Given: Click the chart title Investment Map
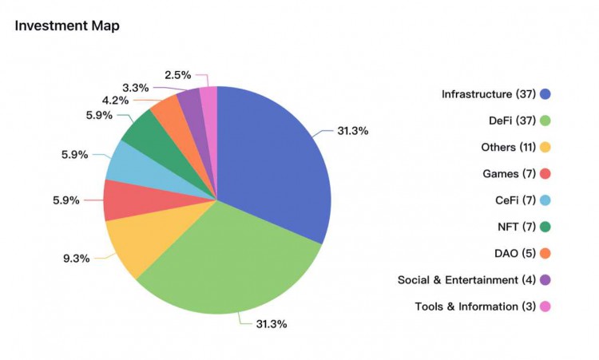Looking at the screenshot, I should click(67, 26).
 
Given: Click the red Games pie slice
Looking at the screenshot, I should click(124, 200).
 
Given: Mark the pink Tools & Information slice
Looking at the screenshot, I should click(208, 100).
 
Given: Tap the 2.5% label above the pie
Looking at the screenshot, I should click(177, 75).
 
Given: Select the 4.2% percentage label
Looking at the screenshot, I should click(117, 101).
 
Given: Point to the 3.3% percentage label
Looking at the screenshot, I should click(135, 88).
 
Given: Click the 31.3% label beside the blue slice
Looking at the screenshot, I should click(352, 131).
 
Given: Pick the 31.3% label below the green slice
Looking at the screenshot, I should click(271, 324).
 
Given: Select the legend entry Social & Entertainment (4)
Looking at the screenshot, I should click(466, 279).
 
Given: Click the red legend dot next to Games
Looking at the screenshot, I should click(545, 174).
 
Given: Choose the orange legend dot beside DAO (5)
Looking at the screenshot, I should click(545, 253).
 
